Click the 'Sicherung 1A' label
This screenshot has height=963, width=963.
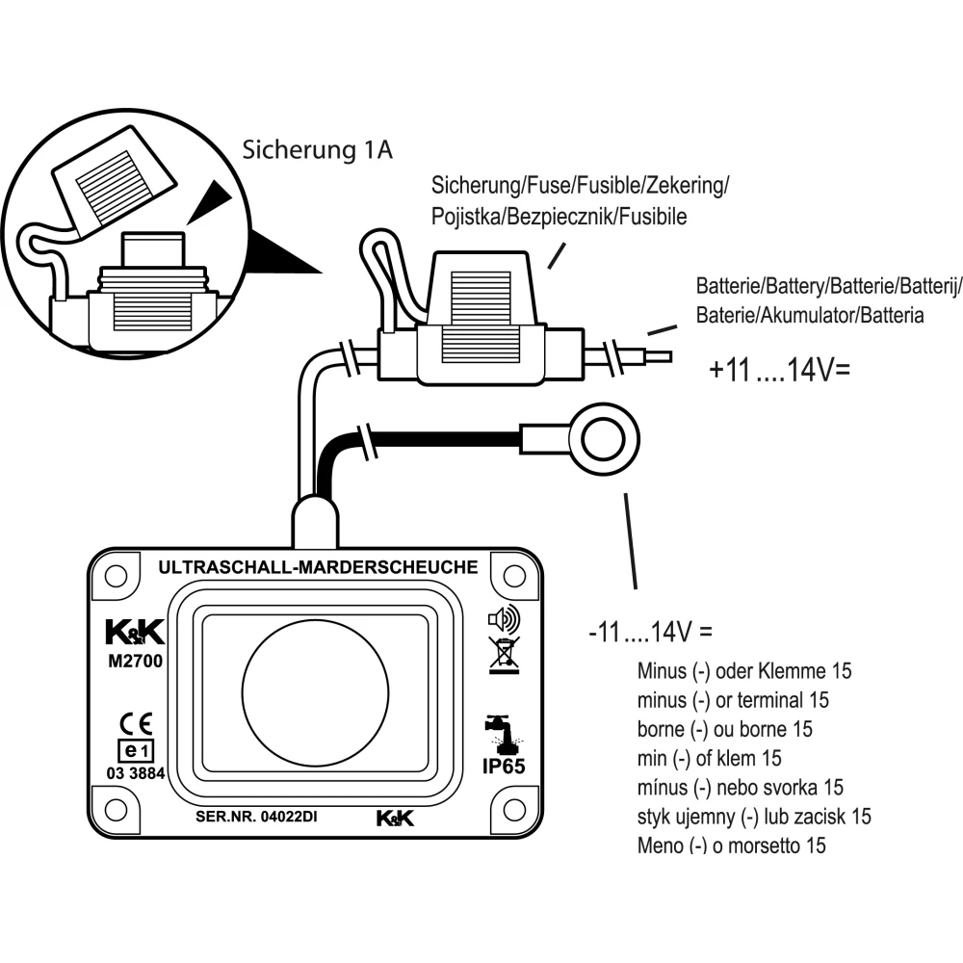[x=317, y=150]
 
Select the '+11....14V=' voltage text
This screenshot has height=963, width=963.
[x=780, y=371]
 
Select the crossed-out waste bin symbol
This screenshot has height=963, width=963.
[x=505, y=652]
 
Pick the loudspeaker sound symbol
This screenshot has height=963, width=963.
[x=504, y=615]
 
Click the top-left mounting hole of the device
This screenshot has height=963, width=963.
[x=116, y=575]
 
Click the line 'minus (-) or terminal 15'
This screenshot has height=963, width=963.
[x=733, y=699]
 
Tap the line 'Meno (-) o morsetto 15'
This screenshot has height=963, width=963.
[x=732, y=846]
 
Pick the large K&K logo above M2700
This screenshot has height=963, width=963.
[x=135, y=633]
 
